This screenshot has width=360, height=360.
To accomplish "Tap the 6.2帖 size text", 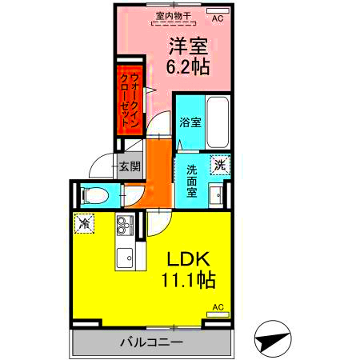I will pos(190,67).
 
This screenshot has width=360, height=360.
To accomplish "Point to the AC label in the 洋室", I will pos(218,14).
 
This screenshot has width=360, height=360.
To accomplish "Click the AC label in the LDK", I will pos(218,307).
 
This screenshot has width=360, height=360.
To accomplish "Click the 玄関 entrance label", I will pos(130,166).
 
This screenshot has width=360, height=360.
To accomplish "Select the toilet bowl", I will pos(94,194).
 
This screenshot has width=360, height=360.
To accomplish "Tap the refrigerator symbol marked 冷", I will pos(84,224).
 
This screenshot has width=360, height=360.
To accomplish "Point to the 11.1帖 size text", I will pos(189,282).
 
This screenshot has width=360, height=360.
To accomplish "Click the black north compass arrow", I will pos(271,342).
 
